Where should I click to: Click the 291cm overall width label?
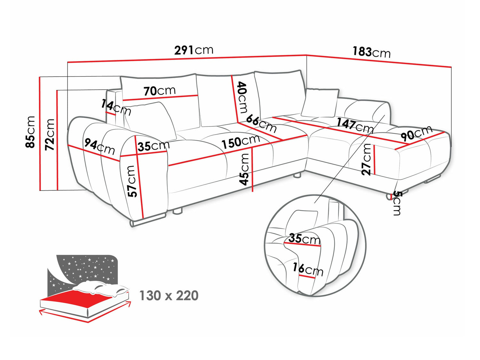194,50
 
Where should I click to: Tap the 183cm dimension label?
372,52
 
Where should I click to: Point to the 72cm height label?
50,135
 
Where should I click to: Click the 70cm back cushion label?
159,91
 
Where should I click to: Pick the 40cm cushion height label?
242,97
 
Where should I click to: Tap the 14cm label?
116,107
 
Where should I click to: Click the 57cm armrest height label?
132,181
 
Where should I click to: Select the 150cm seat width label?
241,142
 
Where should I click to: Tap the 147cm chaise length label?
355,125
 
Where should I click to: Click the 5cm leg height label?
397,203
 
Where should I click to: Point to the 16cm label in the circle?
308,269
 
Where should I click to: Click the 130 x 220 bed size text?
169,296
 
